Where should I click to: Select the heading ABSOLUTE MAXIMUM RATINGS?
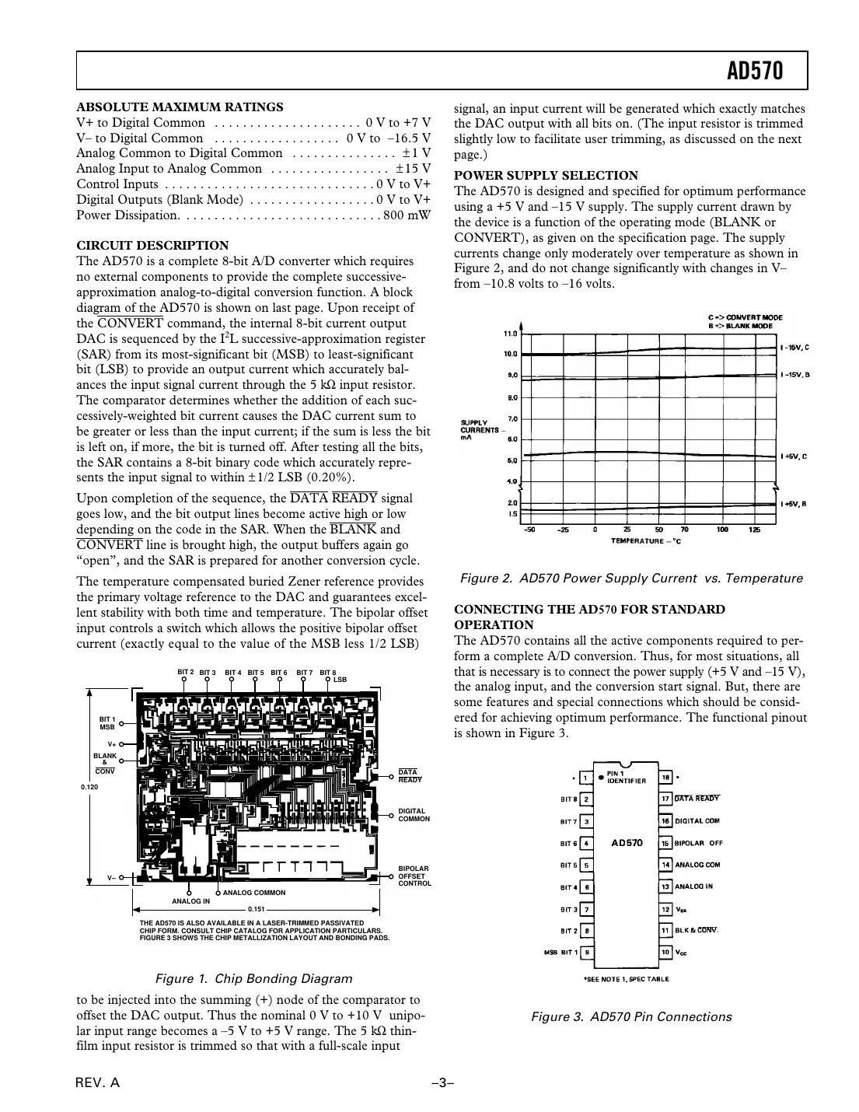tap(180, 107)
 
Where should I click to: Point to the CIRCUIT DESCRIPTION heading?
tap(152, 246)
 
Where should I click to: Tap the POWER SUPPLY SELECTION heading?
tap(546, 176)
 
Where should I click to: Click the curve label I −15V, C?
tap(794, 348)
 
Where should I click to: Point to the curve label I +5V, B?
tap(794, 505)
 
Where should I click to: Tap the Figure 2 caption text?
tap(630, 579)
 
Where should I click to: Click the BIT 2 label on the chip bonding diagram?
tap(185, 671)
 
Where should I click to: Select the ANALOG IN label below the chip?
tap(190, 900)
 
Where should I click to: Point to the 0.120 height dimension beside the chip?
tap(90, 787)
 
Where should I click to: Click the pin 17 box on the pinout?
tap(665, 799)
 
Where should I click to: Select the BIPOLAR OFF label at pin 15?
tap(698, 843)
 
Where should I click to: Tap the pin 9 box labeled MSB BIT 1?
tap(588, 952)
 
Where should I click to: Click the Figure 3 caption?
tap(630, 1017)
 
